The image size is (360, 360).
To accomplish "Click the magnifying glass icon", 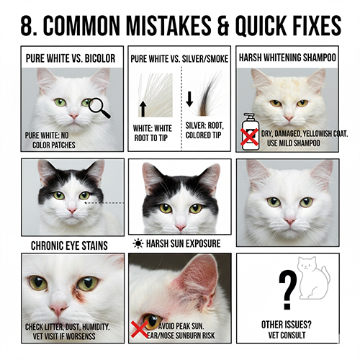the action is tap(99, 108).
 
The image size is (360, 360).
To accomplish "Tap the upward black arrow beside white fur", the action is tap(143, 109).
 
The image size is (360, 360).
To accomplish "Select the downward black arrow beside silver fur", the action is tap(189, 99).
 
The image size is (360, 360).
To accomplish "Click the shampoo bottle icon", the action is tap(251, 132).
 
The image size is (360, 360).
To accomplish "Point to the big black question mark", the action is tap(287, 289).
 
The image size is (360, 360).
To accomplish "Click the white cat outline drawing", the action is tap(313, 278).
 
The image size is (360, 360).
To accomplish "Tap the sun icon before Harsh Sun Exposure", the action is tap(138, 243).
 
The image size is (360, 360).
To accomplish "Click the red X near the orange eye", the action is tap(140, 329).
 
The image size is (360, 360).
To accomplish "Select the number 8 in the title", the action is tap(28, 25).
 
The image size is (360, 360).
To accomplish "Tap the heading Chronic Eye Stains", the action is tap(69, 246).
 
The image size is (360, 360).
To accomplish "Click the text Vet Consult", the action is tap(287, 335).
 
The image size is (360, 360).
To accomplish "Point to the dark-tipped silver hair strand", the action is tap(207, 96).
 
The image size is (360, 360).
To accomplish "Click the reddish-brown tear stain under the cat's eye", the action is tap(79, 294).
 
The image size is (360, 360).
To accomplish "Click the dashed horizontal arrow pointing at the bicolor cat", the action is tap(104, 203).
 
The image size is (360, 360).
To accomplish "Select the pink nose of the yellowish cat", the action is tap(289, 118).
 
